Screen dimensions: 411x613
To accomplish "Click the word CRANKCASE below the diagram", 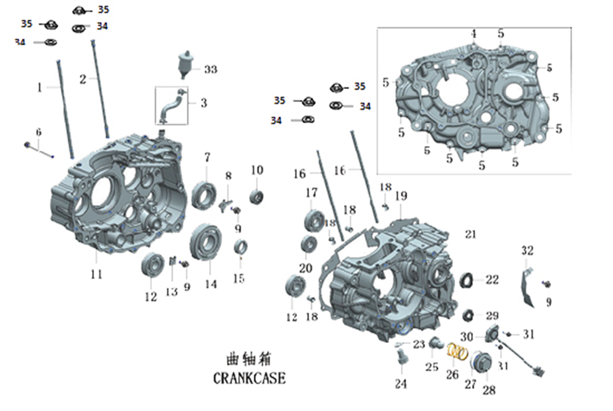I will pyautogui.click(x=249, y=378).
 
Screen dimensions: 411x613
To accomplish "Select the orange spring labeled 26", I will pyautogui.click(x=457, y=352).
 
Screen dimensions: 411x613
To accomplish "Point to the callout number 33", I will pyautogui.click(x=210, y=69).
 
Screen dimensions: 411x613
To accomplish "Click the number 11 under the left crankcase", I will pyautogui.click(x=96, y=274).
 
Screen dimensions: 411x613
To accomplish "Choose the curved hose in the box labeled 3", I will pyautogui.click(x=171, y=106).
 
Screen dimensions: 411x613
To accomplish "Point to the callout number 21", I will pyautogui.click(x=470, y=234).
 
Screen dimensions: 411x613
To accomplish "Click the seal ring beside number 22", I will pyautogui.click(x=467, y=279).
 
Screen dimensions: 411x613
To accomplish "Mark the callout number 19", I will pyautogui.click(x=400, y=196).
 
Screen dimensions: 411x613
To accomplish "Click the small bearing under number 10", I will pyautogui.click(x=257, y=196).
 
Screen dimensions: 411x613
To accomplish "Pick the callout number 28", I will pyautogui.click(x=489, y=390).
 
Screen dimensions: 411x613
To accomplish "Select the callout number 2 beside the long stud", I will pyautogui.click(x=83, y=80).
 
